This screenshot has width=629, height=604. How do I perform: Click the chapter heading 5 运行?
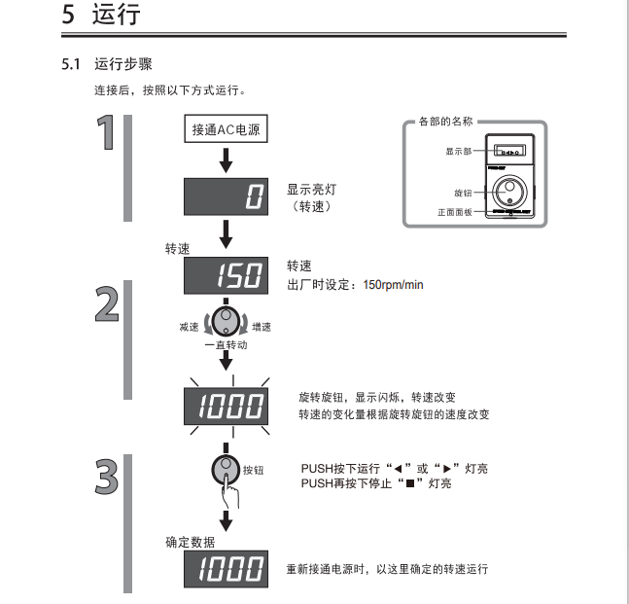click(x=101, y=16)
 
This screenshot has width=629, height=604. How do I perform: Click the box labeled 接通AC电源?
click(x=226, y=130)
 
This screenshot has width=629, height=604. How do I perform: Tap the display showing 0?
click(x=226, y=197)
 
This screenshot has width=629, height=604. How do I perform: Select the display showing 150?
click(x=226, y=276)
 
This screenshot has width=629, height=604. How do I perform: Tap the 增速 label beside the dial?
click(x=262, y=328)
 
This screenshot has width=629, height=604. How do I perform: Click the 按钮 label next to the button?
click(x=254, y=470)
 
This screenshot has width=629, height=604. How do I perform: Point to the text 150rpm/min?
click(x=393, y=285)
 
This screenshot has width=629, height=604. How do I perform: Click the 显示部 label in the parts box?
click(x=459, y=153)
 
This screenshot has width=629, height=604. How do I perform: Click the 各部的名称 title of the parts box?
click(x=445, y=122)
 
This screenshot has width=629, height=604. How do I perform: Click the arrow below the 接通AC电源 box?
click(x=226, y=160)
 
